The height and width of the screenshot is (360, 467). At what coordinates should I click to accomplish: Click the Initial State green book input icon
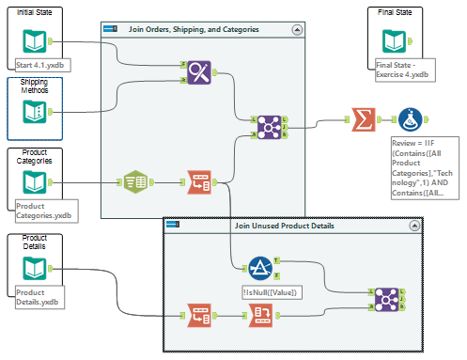tap(34, 41)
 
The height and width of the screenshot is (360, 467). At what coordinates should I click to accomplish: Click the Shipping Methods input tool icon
tap(34, 114)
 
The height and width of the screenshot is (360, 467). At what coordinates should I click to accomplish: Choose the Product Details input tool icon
tap(34, 269)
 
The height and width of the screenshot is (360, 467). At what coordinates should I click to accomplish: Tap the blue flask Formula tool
tap(409, 119)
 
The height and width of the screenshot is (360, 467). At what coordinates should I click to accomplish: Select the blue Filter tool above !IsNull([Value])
tap(260, 269)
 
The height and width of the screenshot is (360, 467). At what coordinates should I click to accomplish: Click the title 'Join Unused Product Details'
tap(284, 227)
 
